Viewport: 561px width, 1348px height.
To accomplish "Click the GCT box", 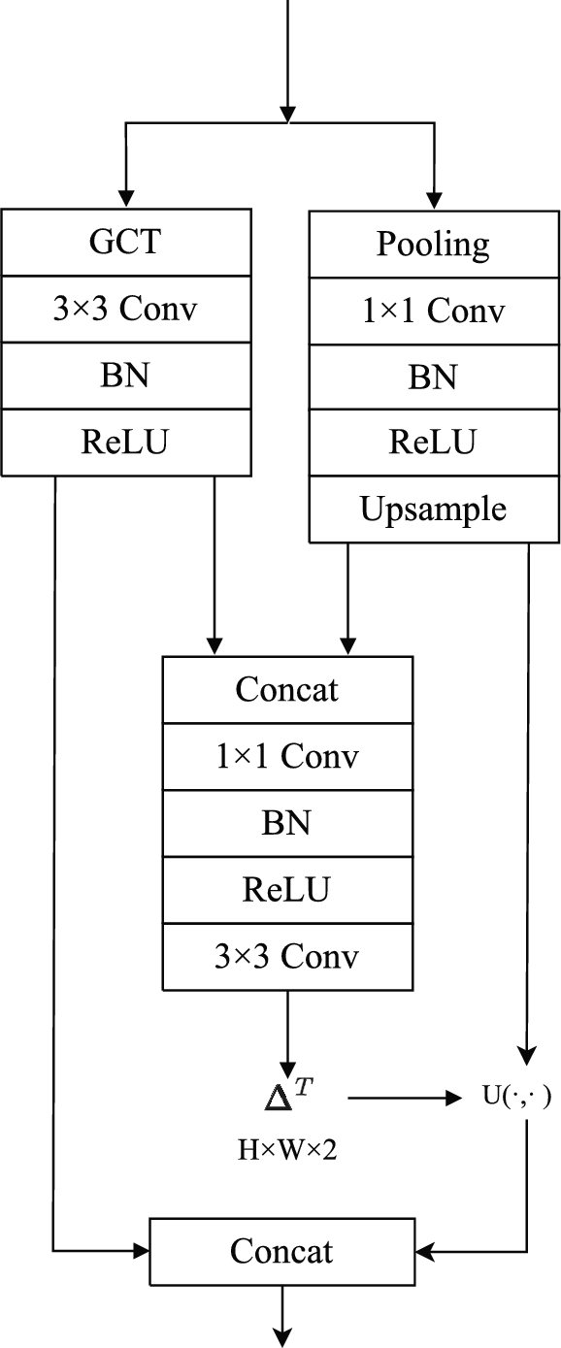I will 126,243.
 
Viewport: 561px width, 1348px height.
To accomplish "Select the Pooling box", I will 433,245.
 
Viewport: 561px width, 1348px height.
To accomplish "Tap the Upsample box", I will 433,510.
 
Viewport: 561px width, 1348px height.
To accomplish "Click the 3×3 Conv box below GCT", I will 126,310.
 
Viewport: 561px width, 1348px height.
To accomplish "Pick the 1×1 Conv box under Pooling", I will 433,312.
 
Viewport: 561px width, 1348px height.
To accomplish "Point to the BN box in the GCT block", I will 126,376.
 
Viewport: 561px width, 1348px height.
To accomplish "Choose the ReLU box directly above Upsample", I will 433,443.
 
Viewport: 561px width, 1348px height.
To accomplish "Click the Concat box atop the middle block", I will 287,689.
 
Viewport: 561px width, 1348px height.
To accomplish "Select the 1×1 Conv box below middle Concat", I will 287,756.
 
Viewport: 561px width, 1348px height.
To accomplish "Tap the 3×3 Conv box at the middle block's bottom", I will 287,957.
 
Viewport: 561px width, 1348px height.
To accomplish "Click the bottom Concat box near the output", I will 282,1251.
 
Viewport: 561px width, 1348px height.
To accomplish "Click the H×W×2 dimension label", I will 288,1152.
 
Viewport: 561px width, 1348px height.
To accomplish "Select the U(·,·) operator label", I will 516,1098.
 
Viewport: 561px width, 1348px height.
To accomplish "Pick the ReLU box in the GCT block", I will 126,443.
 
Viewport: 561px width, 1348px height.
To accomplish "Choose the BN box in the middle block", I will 287,823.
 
